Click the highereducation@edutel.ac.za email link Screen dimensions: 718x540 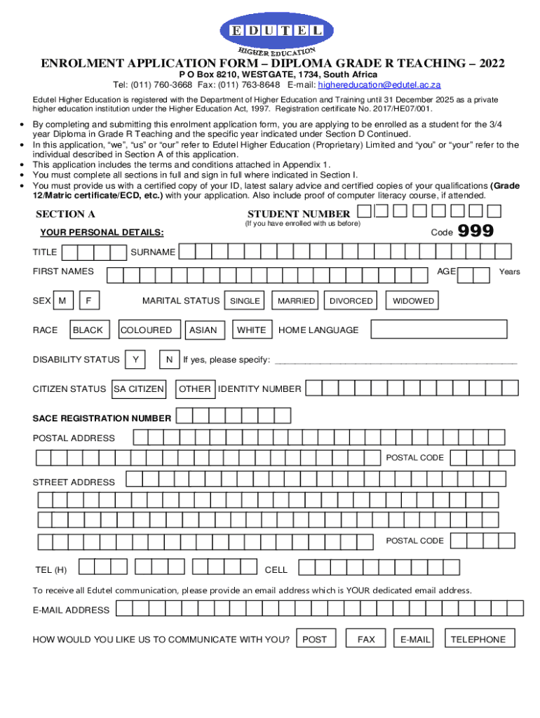click(379, 85)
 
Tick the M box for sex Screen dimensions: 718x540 click(63, 301)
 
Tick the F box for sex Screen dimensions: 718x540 click(89, 301)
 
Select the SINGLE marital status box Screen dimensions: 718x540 click(245, 301)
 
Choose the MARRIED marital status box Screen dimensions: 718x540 click(296, 301)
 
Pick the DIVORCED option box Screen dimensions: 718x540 click(351, 301)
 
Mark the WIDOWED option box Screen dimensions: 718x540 click(413, 301)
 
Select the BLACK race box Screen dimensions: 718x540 click(88, 330)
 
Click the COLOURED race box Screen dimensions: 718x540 click(147, 330)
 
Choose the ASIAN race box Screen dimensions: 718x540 click(203, 330)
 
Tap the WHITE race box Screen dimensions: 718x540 click(252, 330)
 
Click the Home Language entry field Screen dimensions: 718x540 click(438, 330)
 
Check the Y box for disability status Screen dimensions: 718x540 click(135, 360)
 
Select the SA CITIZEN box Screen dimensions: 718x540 click(139, 388)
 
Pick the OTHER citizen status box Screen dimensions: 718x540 click(195, 388)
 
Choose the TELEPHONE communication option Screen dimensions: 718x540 click(478, 639)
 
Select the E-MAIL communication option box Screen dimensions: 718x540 click(414, 639)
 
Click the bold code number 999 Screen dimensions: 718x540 click(475, 231)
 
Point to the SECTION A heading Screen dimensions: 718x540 click(65, 215)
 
